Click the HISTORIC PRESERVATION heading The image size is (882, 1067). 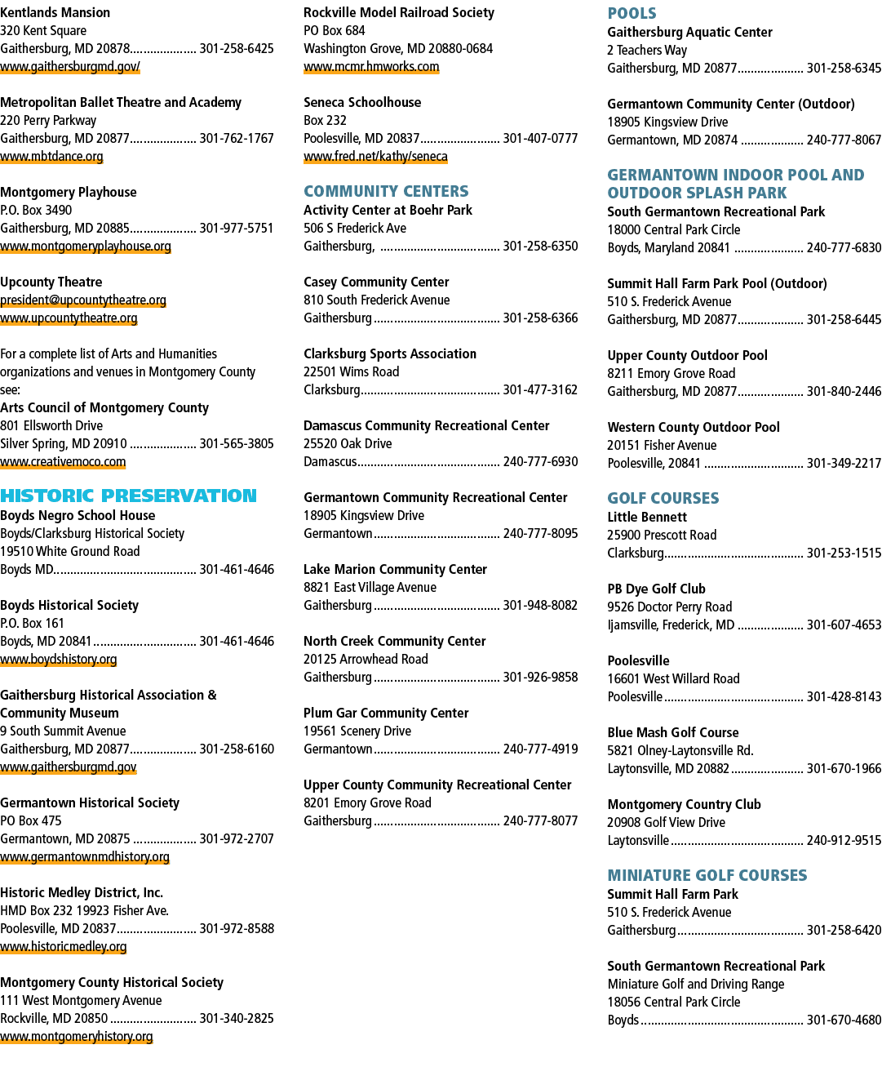point(128,496)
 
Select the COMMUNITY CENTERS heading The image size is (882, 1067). point(386,191)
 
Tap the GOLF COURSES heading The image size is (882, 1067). point(663,498)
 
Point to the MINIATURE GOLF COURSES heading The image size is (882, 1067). point(707,875)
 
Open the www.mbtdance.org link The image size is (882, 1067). point(51,157)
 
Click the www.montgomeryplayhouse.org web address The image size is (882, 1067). point(86,247)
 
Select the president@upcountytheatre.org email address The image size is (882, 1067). point(83,300)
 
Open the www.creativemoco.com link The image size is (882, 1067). point(63,461)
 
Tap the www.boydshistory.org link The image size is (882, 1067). point(58,659)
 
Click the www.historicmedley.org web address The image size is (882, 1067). point(64,946)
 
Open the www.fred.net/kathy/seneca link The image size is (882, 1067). point(375,157)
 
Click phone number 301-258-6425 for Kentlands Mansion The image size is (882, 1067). point(237,48)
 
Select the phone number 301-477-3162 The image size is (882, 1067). point(540,390)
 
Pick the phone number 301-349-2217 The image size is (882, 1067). point(844,463)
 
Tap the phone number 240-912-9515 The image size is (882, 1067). point(844,840)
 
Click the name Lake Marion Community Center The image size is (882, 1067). point(395,569)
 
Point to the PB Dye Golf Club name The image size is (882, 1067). point(656,589)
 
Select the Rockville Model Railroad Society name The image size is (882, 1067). point(399,13)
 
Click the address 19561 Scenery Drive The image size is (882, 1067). point(357,731)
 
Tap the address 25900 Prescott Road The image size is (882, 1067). point(662,535)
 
